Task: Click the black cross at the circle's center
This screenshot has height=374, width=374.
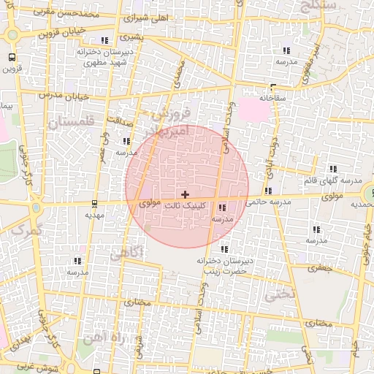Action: (x=185, y=194)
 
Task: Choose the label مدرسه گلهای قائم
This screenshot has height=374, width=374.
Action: (x=337, y=180)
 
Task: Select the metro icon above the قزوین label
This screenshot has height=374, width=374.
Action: (x=12, y=57)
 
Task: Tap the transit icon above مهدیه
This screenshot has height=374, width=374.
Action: (x=95, y=204)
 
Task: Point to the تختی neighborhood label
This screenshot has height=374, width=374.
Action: (x=279, y=294)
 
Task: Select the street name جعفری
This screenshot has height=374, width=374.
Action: (x=318, y=268)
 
